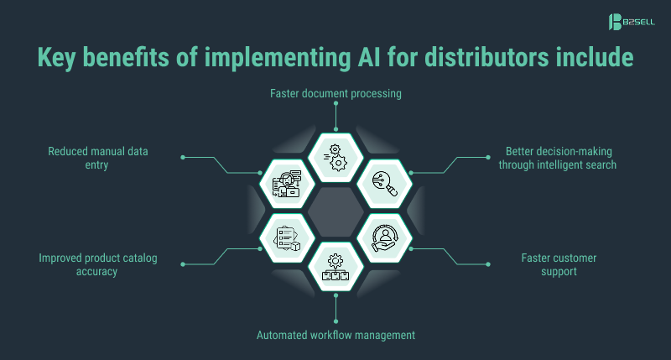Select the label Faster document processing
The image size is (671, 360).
(x=335, y=93)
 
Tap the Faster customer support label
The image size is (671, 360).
(x=558, y=263)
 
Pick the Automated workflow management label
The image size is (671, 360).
(x=335, y=335)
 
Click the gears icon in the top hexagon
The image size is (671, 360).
(x=335, y=156)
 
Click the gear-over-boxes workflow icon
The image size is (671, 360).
(x=335, y=266)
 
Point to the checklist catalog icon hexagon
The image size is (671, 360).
(x=286, y=237)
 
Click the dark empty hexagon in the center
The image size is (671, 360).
(x=335, y=211)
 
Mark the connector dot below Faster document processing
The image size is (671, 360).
(x=335, y=105)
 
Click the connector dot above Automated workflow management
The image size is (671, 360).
(x=335, y=320)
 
